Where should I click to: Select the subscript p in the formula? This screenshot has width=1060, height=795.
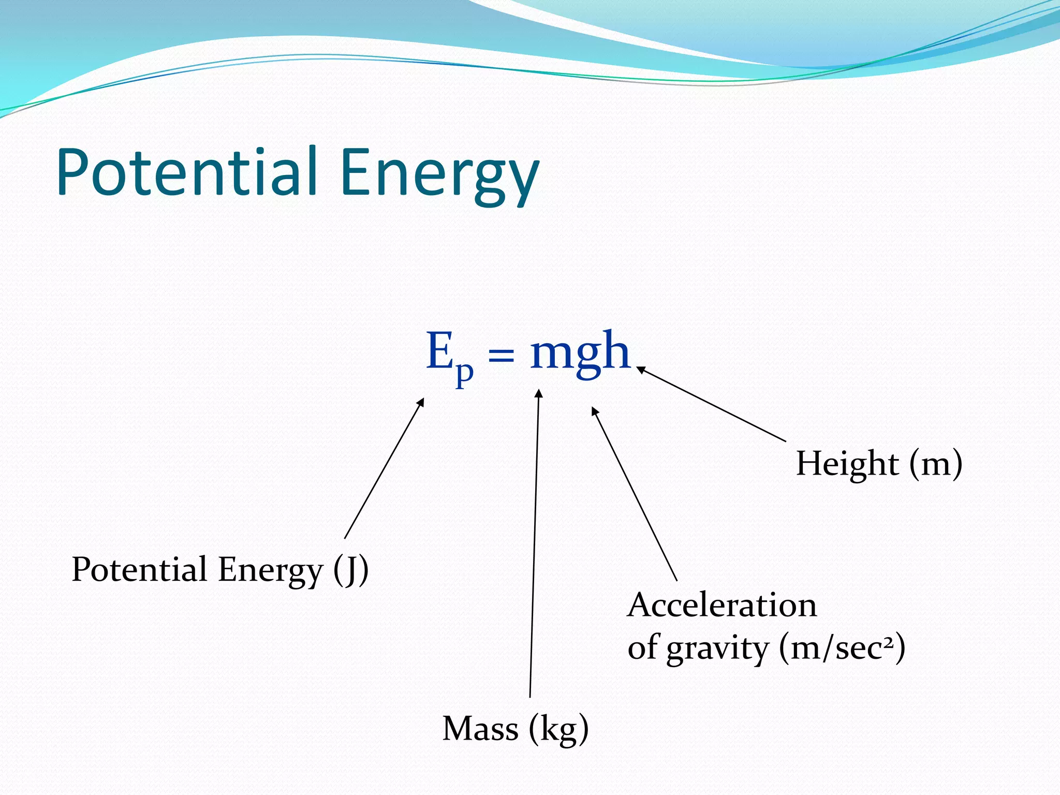(x=464, y=372)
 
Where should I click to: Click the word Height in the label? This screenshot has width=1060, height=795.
(x=847, y=463)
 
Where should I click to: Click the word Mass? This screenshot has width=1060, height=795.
(x=480, y=729)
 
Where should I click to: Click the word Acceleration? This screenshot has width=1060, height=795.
(x=722, y=605)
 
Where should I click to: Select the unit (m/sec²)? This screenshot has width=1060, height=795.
(x=842, y=648)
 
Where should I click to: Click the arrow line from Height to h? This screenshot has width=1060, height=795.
(x=712, y=404)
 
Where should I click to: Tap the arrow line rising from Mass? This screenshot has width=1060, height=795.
(x=534, y=543)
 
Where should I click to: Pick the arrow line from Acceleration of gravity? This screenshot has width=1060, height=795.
(x=635, y=494)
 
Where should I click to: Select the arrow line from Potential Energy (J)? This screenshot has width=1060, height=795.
(x=384, y=468)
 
